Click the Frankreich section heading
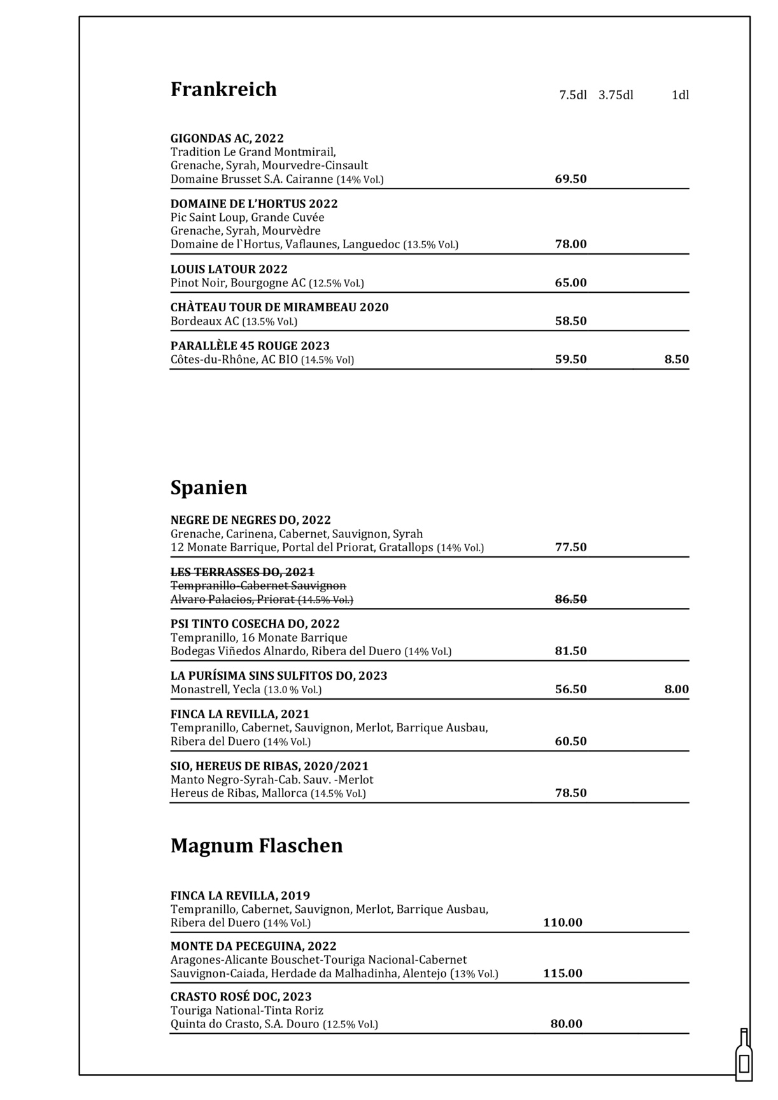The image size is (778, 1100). click(223, 89)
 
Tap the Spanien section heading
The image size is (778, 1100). click(208, 488)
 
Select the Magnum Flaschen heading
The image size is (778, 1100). click(257, 845)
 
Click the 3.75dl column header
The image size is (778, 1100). click(616, 95)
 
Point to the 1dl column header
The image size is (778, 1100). click(680, 95)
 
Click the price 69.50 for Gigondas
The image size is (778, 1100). click(570, 179)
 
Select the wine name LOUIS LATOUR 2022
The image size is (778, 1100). click(229, 269)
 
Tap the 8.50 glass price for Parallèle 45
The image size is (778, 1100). click(676, 360)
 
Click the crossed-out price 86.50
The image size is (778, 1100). click(570, 599)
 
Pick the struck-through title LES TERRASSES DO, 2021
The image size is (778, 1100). click(242, 572)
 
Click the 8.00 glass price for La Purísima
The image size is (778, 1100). click(676, 689)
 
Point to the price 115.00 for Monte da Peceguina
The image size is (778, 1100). click(562, 973)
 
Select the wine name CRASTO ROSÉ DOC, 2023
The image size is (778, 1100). click(241, 997)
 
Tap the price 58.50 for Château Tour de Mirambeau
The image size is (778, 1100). click(570, 321)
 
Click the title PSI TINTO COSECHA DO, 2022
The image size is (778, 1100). click(255, 624)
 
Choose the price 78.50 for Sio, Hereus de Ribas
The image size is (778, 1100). click(570, 793)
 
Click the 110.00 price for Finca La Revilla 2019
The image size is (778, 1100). click(562, 923)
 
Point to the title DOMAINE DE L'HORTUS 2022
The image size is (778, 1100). click(253, 204)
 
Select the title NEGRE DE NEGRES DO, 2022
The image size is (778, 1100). click(250, 520)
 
